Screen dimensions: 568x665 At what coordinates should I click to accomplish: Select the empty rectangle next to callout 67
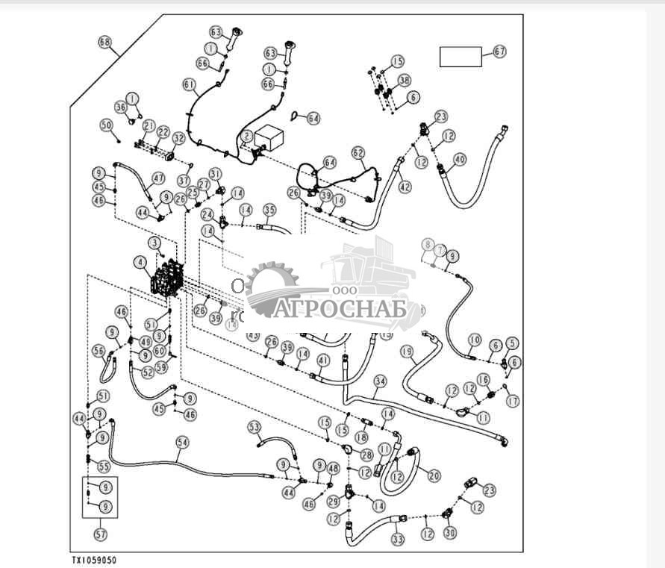(x=460, y=57)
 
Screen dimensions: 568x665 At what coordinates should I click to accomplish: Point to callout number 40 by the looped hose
(x=460, y=159)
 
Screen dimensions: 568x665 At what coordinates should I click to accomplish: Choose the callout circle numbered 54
(x=182, y=443)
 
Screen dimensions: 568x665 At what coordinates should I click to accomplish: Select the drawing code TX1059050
(x=94, y=560)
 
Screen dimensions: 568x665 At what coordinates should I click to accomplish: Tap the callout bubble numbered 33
(x=397, y=539)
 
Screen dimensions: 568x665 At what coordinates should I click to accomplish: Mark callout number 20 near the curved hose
(x=433, y=474)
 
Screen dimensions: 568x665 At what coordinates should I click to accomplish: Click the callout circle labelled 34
(x=380, y=381)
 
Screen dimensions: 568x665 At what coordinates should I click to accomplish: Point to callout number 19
(x=407, y=351)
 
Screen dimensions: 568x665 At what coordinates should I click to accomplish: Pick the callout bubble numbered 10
(x=474, y=340)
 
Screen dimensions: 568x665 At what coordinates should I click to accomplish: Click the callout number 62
(x=359, y=153)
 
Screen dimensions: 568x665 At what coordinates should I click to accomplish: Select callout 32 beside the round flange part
(x=178, y=138)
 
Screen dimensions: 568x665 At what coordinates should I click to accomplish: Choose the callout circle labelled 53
(x=255, y=426)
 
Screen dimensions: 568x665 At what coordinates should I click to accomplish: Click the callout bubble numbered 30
(x=449, y=534)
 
